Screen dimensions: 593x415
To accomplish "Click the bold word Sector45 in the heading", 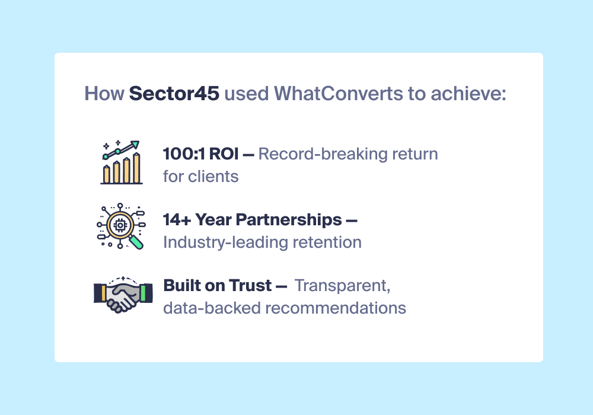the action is pos(174,93).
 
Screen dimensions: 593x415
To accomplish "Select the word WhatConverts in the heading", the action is pos(339,93).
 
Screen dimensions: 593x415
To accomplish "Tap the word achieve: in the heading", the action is pos(468,93).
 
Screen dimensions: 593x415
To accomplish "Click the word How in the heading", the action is pos(104,93).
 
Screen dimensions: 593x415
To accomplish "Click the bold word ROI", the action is pos(224,154).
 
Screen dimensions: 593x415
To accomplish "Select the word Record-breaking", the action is pos(323,154).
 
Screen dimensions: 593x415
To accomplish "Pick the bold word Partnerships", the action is pos(289,220).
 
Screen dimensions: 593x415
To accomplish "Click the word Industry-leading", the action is pos(225,242).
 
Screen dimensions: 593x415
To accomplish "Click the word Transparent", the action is pos(342,286).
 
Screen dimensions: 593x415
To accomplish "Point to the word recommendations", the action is pos(336,308).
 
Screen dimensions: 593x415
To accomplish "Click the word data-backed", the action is pos(212,308).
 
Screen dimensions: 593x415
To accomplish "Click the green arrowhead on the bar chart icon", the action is pos(135,145).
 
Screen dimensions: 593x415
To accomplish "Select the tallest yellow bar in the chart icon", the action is pos(136,168).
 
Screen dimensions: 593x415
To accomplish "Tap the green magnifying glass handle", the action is pos(136,242).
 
